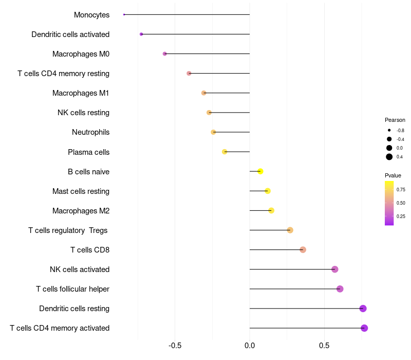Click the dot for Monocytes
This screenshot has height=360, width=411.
point(124,14)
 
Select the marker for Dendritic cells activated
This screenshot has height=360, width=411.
point(141,34)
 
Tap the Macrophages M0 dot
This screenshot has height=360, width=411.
point(164,53)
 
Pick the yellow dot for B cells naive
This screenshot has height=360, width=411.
point(260,171)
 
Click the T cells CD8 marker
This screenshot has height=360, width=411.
point(303,250)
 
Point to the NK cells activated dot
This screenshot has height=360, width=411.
point(335,269)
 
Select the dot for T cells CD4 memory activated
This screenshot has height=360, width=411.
point(364,328)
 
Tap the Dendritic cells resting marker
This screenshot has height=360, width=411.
point(363,309)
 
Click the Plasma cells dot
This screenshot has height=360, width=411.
point(225,152)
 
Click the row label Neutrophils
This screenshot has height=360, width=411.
point(90,132)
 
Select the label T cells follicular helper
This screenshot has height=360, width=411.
point(72,289)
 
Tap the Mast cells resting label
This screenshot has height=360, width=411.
point(81,191)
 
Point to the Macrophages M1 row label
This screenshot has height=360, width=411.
point(81,93)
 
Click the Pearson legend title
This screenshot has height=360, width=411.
point(395,120)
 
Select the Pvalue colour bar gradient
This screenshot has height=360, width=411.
point(389,203)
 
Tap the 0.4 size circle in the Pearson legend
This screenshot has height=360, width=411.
point(389,157)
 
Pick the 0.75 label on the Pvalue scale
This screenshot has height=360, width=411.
point(401,189)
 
